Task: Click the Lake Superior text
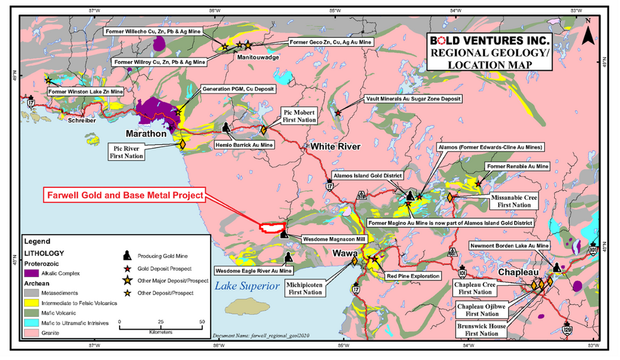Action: click(247, 287)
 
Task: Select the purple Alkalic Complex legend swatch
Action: click(33, 274)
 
